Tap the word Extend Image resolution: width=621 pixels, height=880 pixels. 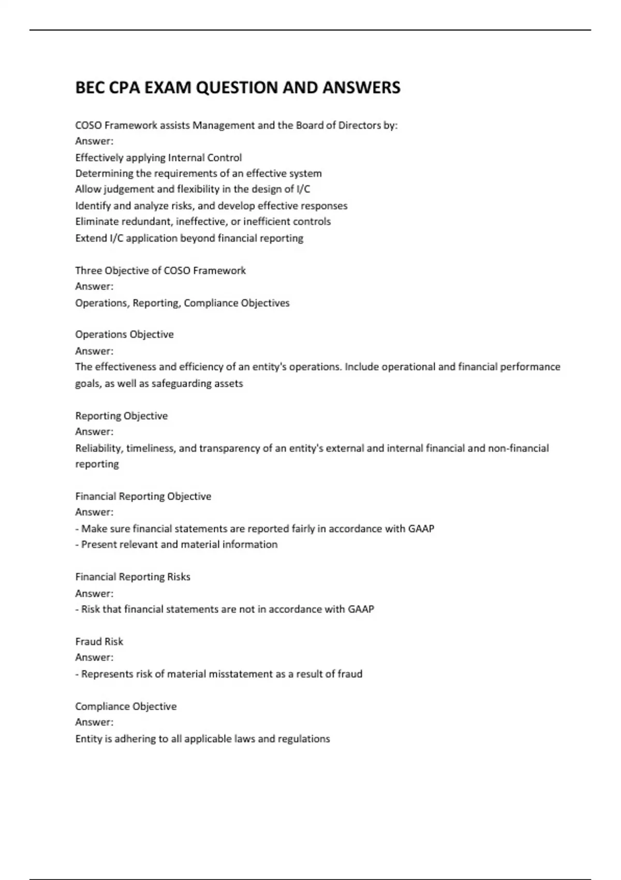(90, 238)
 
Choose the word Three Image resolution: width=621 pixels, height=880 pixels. (88, 270)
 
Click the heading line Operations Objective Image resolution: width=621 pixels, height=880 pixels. (124, 334)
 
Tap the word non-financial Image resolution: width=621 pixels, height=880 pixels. (518, 448)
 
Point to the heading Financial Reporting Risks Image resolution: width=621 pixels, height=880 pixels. (132, 577)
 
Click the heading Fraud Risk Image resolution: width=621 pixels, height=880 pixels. (99, 641)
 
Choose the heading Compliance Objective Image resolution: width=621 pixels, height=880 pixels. (126, 706)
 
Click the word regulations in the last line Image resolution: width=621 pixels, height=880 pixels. (304, 739)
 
